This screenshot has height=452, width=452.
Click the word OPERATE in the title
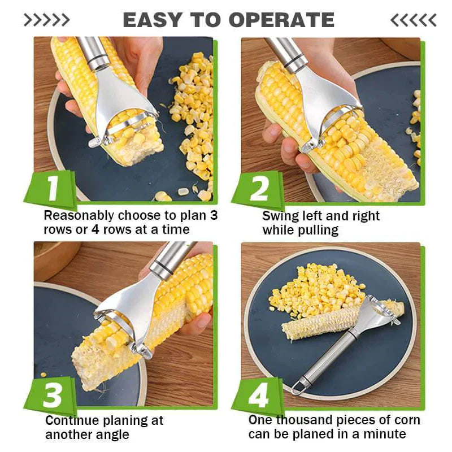[281, 20]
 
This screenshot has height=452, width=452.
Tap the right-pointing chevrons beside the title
[46, 20]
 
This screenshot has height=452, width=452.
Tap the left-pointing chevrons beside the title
[413, 20]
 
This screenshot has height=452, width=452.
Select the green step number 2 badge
[259, 189]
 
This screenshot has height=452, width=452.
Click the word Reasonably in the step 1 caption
[79, 216]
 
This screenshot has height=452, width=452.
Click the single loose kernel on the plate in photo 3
[44, 375]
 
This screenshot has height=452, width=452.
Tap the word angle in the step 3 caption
[112, 434]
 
